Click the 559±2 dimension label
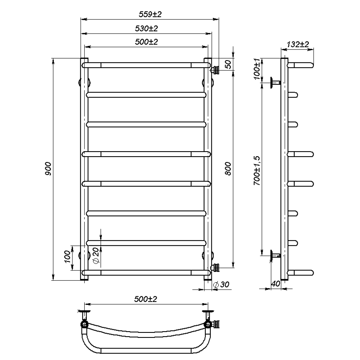click(x=150, y=14)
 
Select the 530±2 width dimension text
click(x=146, y=29)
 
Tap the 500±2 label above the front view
click(x=146, y=42)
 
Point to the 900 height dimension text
click(x=48, y=169)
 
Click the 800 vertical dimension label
click(x=228, y=169)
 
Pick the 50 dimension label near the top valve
click(x=228, y=64)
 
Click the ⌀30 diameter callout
click(x=221, y=284)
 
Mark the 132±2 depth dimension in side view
click(x=298, y=45)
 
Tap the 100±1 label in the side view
click(x=257, y=69)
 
